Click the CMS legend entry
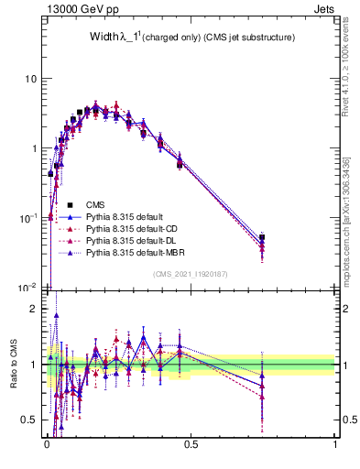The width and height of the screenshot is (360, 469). [96, 204]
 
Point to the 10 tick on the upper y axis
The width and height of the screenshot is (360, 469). [30, 79]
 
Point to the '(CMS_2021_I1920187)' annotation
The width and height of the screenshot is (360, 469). [191, 274]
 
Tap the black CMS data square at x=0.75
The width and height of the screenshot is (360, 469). [262, 237]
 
